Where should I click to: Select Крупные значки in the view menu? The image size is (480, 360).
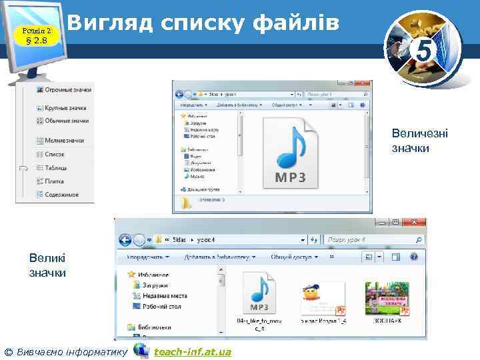[65, 108]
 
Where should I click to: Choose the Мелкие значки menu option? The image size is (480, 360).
[64, 141]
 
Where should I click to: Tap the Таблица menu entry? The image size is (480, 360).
[56, 168]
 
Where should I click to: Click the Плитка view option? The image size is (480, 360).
[54, 181]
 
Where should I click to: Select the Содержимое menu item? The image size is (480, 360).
[61, 195]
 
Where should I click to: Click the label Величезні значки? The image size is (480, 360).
[420, 141]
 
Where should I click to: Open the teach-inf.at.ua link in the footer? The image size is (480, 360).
[192, 351]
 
